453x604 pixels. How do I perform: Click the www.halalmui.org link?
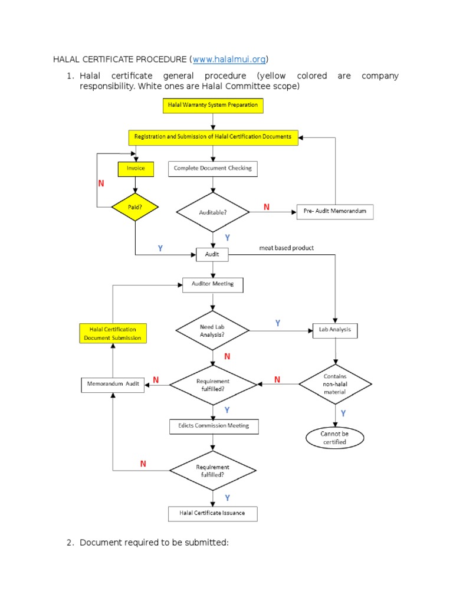coord(229,60)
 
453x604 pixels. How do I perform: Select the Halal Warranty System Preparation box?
coord(212,106)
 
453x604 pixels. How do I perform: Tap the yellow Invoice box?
coord(136,169)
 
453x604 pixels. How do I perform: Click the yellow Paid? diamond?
coord(136,207)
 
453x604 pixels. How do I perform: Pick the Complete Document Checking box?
coord(212,169)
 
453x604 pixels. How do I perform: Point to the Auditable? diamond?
coord(212,212)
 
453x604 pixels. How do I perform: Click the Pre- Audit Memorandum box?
coord(334,212)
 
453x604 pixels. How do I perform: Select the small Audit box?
coord(212,255)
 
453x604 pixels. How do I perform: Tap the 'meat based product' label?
coord(287,248)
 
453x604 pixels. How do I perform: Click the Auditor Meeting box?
coord(212,284)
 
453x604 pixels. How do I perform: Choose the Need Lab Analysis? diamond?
coord(212,330)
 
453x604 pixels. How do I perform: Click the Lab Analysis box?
coord(335,330)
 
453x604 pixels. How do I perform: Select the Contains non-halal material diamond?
coord(335,384)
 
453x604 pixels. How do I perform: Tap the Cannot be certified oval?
coord(334,438)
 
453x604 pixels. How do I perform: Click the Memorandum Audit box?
coord(112,384)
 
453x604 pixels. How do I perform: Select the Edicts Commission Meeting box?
coord(213,426)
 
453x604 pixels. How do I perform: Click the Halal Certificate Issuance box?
coord(213,513)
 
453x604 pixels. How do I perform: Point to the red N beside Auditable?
coord(266,207)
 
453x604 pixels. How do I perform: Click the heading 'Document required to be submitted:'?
coord(154,542)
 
